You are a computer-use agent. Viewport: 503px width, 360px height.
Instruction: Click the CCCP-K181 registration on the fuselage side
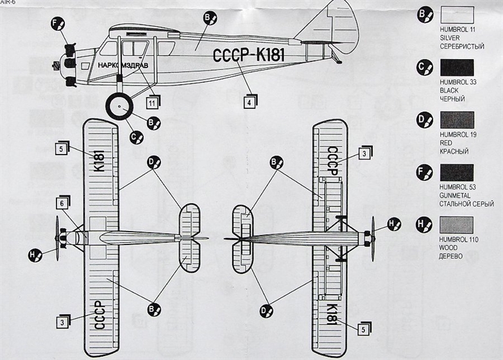(x=248, y=56)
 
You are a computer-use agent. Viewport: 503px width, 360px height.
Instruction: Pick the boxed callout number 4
(x=249, y=101)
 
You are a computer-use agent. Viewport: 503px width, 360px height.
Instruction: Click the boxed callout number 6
(x=62, y=202)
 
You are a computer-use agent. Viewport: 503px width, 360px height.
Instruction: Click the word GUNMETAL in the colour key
(x=455, y=196)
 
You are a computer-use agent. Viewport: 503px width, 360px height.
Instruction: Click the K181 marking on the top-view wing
(x=99, y=160)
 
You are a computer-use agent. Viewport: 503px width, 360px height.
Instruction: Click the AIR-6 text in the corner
(x=8, y=3)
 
